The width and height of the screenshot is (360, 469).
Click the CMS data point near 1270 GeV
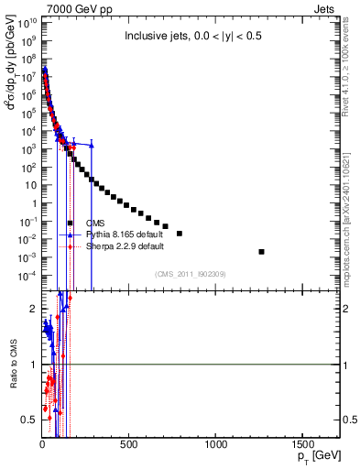coord(262,252)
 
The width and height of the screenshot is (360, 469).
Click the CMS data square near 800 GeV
coord(180,234)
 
